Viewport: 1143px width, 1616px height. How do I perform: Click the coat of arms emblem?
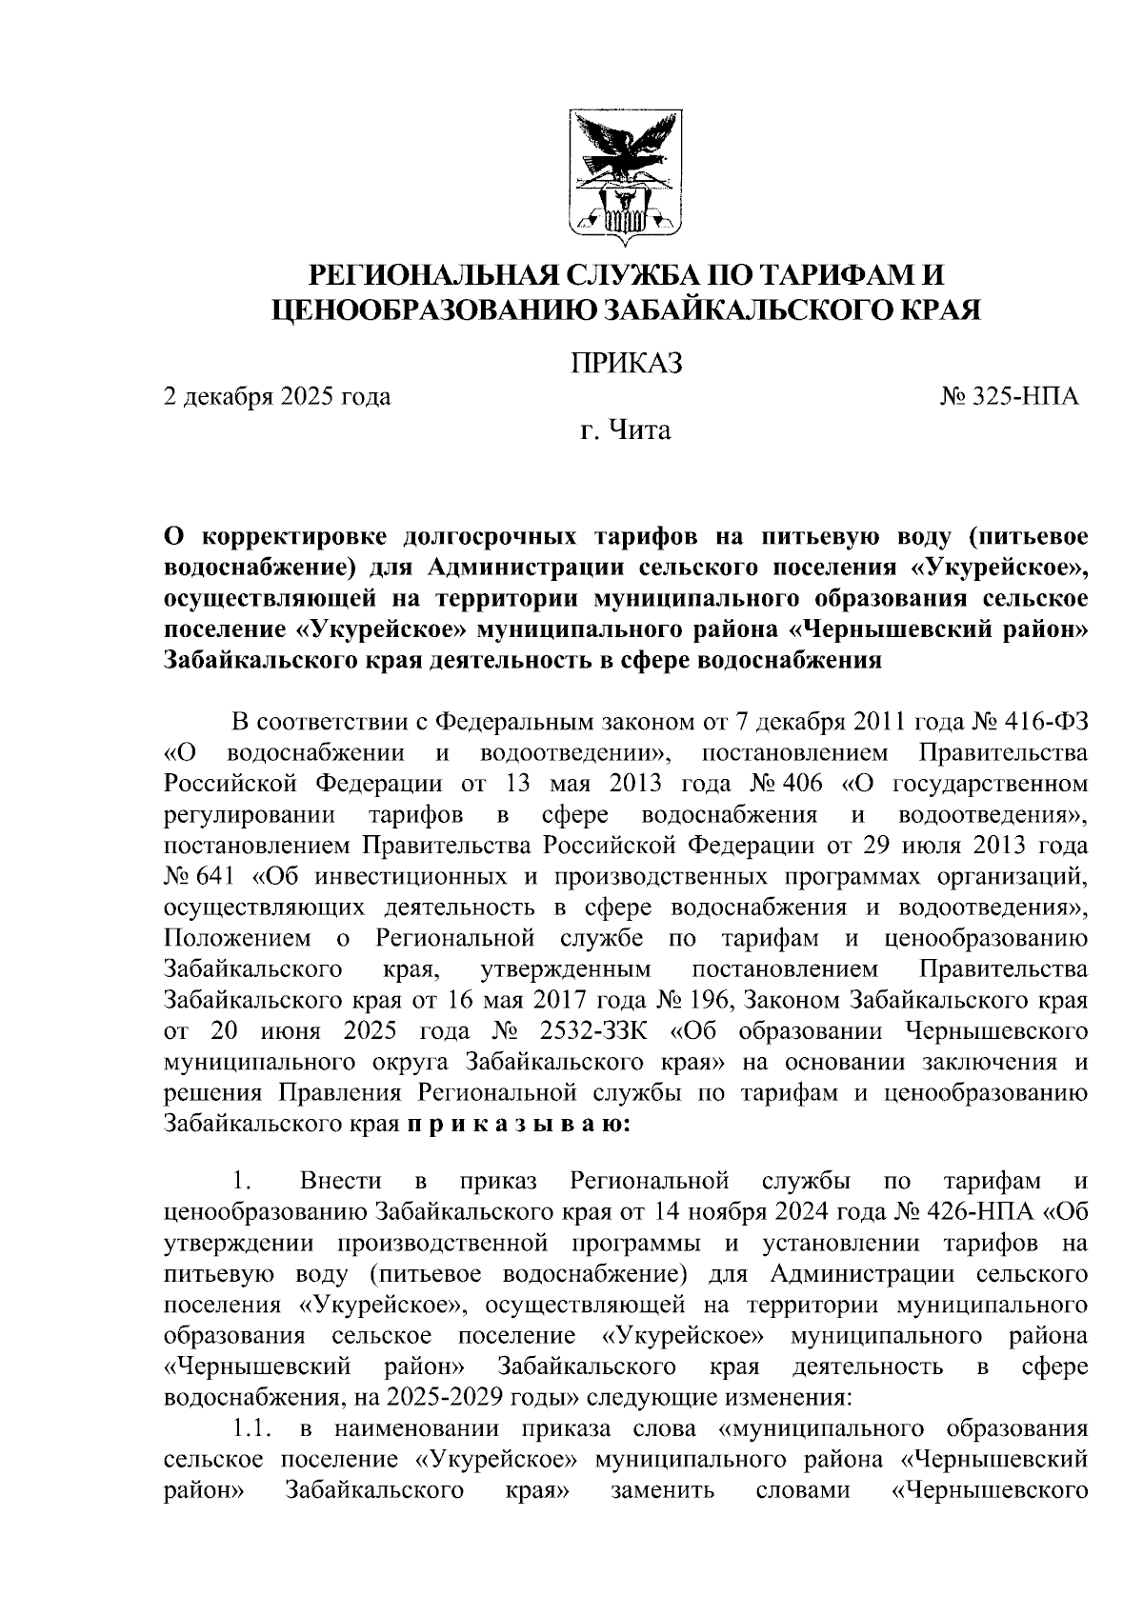[627, 173]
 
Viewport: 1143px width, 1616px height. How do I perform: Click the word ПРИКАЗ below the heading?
[627, 362]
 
